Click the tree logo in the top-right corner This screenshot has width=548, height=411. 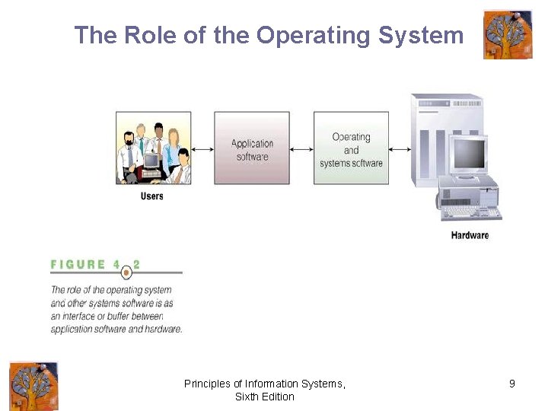pos(508,34)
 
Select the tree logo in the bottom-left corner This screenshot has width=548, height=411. pos(33,386)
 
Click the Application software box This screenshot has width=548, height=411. pos(252,148)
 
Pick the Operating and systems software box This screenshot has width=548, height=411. pos(351,148)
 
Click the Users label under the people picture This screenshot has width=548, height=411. pos(151,196)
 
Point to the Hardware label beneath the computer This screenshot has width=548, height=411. pos(470,235)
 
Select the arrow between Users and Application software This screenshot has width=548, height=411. pos(202,149)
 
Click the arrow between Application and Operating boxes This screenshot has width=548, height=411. pos(301,149)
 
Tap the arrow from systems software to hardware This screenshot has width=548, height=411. pos(400,149)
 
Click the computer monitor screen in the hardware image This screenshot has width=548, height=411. pos(469,155)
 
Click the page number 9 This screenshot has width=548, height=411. pos(512,384)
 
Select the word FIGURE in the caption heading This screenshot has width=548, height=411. pos(78,265)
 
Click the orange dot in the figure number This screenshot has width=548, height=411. pos(127,272)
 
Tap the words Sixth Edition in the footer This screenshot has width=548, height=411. pos(264,397)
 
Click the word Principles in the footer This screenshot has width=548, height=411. pos(206,384)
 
